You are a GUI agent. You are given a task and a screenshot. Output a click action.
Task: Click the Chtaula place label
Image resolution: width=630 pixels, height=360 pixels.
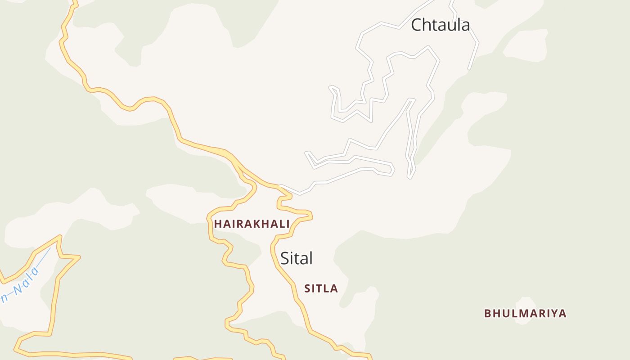(441, 25)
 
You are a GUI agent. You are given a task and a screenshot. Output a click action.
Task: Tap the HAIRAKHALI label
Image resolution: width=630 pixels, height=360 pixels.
(252, 224)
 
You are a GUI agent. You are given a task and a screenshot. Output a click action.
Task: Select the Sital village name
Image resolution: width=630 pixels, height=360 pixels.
(296, 258)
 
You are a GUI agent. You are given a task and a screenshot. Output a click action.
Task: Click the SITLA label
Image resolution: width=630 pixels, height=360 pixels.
(321, 288)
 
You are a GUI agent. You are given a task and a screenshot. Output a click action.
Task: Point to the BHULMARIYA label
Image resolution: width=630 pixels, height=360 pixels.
(525, 313)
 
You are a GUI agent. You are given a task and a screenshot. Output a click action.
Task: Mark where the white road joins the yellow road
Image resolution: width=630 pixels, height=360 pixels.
(281, 186)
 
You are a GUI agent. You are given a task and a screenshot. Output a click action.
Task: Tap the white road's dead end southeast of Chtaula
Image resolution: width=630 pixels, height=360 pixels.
(469, 68)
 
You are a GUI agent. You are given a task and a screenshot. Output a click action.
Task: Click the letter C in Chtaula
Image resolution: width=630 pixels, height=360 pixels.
(417, 25)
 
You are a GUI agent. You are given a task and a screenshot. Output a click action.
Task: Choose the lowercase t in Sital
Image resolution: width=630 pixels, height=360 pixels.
(296, 258)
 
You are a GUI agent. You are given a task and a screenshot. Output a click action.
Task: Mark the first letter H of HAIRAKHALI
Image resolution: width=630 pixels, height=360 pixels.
(218, 224)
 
